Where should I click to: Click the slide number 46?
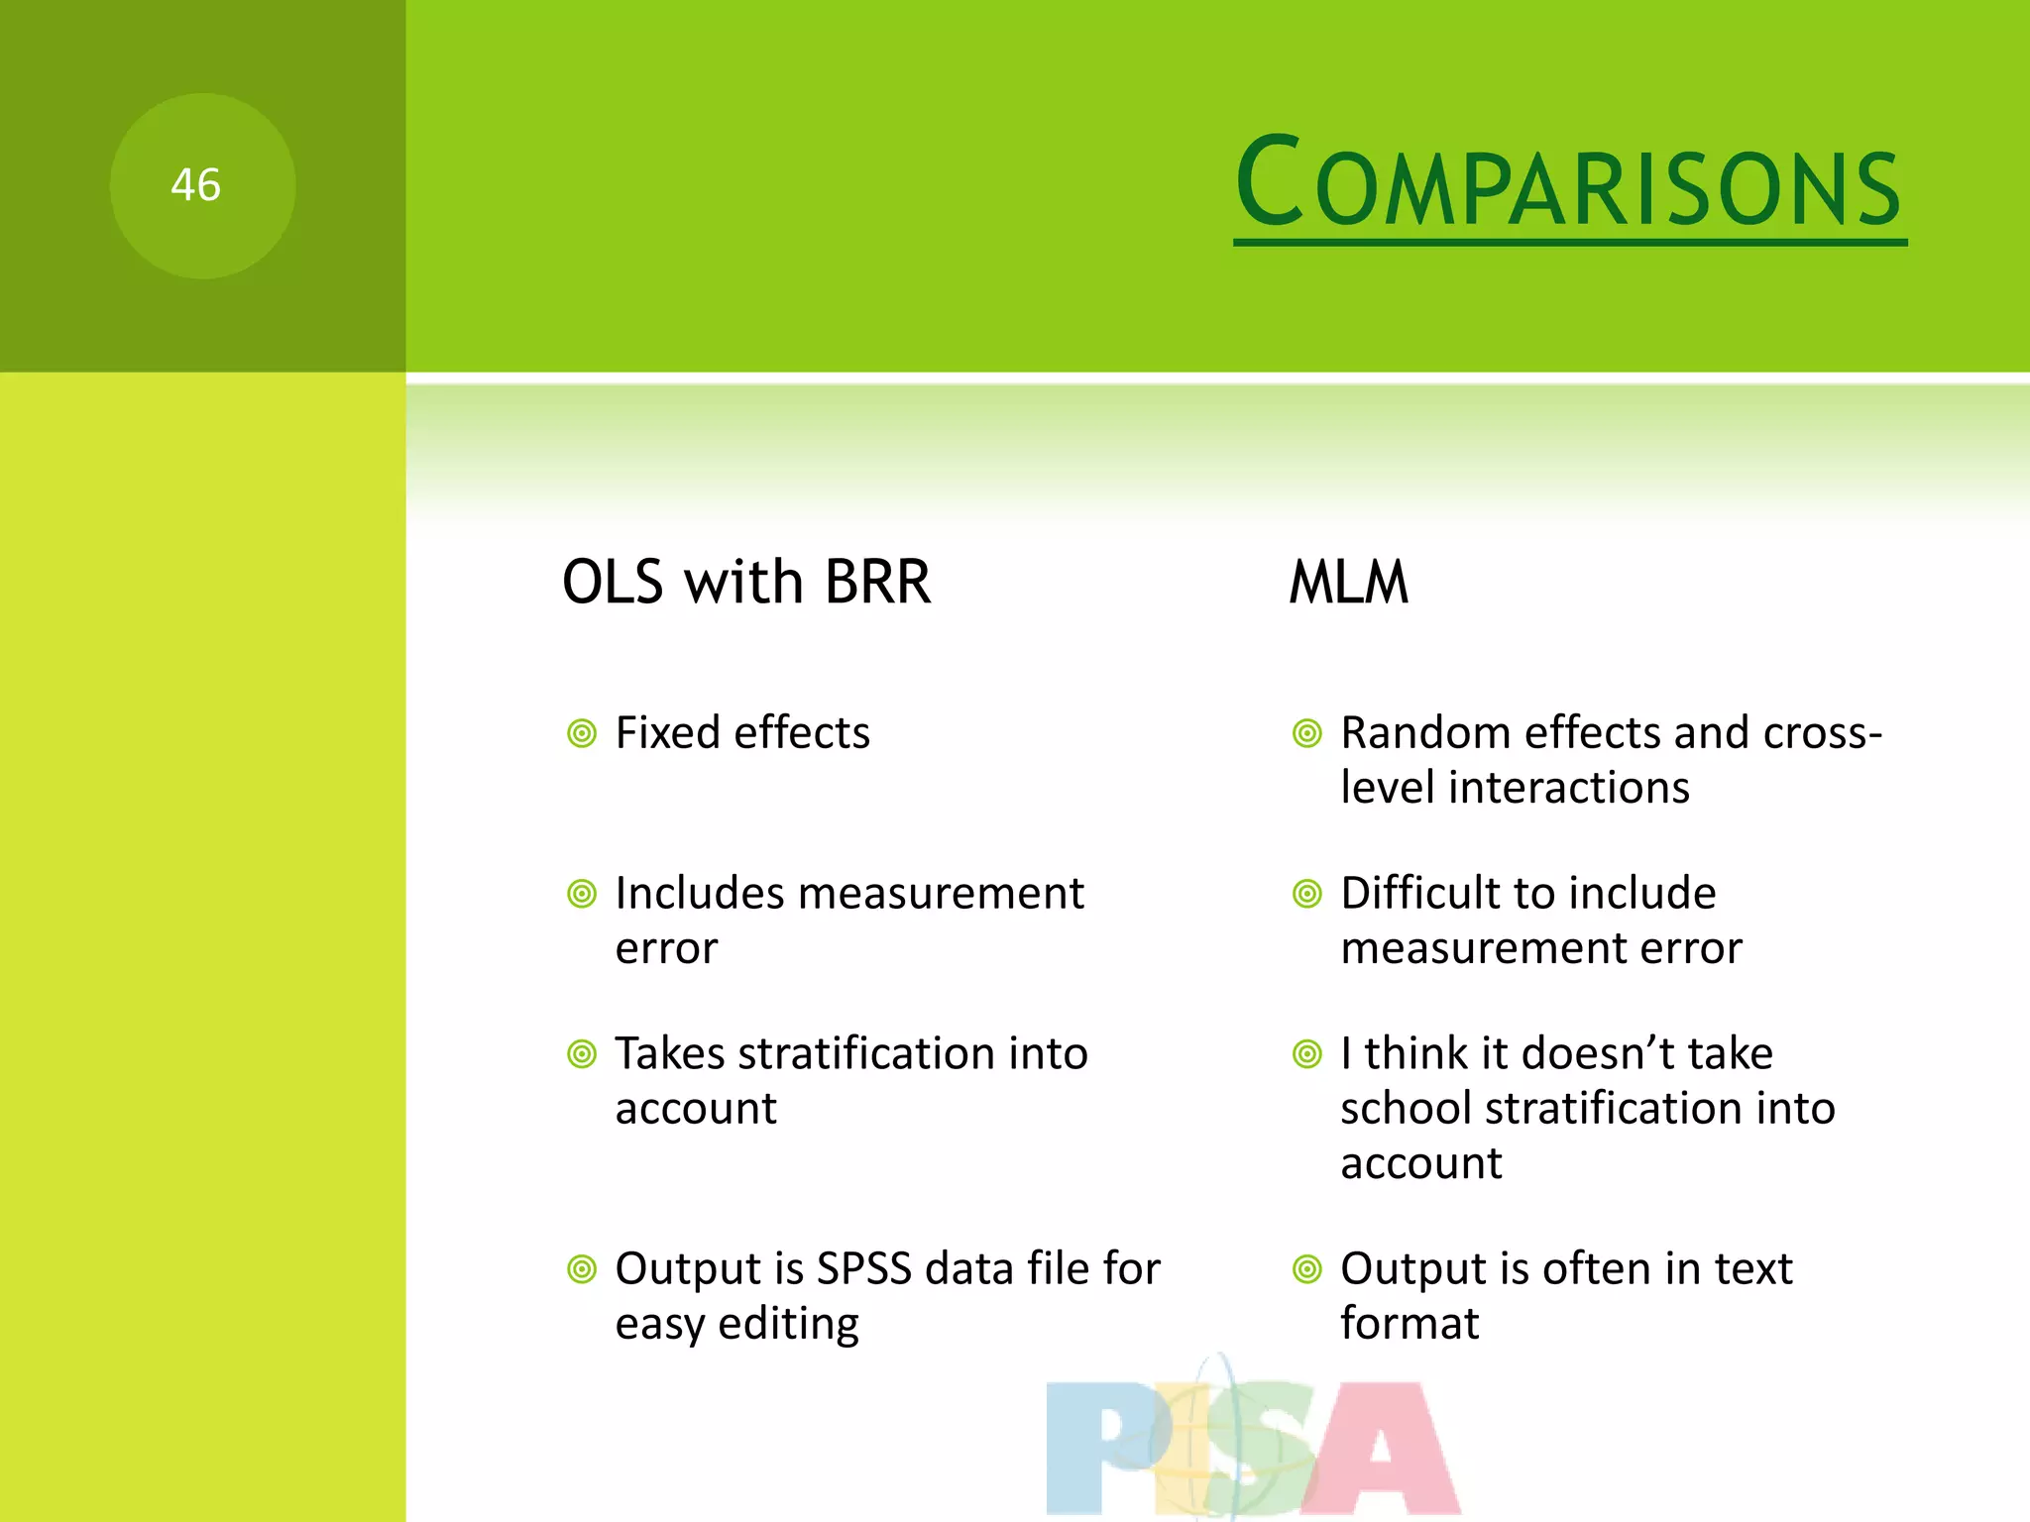[x=195, y=185]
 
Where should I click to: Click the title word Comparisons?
[x=1568, y=184]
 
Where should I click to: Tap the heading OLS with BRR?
[x=746, y=582]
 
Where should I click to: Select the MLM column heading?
[x=1348, y=582]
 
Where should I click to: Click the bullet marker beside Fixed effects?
[x=582, y=734]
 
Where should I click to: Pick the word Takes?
[x=670, y=1053]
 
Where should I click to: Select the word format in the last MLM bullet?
[x=1409, y=1325]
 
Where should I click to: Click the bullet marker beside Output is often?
[x=1307, y=1269]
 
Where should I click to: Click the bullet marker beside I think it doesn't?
[x=1307, y=1054]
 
